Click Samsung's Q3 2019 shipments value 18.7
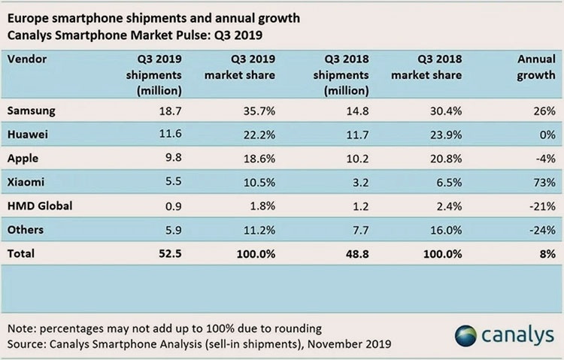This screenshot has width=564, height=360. [169, 111]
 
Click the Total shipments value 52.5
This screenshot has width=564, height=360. [169, 254]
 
